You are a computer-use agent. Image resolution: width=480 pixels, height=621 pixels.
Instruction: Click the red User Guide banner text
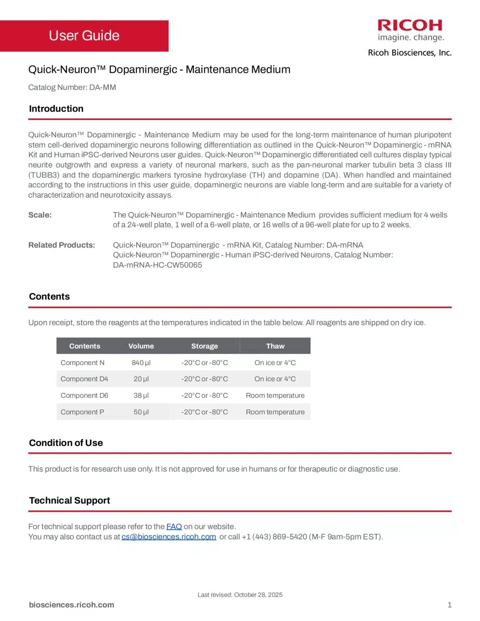point(84,36)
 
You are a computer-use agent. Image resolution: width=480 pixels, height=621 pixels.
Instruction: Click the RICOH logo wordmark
point(410,25)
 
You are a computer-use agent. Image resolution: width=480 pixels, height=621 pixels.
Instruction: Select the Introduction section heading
point(56,109)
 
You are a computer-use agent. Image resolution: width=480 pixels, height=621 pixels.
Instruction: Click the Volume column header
point(141,346)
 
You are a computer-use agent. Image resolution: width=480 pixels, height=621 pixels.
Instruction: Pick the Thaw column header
point(275,346)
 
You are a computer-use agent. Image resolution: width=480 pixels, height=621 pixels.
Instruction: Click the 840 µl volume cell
point(141,363)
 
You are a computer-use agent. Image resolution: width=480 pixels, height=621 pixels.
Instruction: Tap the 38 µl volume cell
point(141,395)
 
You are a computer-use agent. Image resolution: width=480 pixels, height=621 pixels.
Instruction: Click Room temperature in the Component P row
point(275,412)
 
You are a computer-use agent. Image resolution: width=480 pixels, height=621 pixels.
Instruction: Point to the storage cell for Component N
point(204,363)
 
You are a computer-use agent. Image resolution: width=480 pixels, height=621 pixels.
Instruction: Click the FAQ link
point(174,526)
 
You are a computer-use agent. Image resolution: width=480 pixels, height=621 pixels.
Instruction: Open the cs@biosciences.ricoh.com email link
point(169,537)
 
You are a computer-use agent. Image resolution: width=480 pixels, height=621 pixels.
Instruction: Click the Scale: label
point(40,215)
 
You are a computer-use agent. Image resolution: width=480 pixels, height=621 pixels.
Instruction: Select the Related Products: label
point(61,245)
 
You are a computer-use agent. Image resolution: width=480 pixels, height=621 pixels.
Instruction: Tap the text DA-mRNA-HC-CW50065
point(157,265)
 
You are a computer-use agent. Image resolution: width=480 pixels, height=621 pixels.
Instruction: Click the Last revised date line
point(240,595)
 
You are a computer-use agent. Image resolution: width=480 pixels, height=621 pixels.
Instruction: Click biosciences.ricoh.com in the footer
point(72,605)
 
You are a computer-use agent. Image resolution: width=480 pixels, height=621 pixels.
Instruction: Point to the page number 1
point(449,605)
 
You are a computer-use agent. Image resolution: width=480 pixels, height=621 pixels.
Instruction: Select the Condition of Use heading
point(66,443)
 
